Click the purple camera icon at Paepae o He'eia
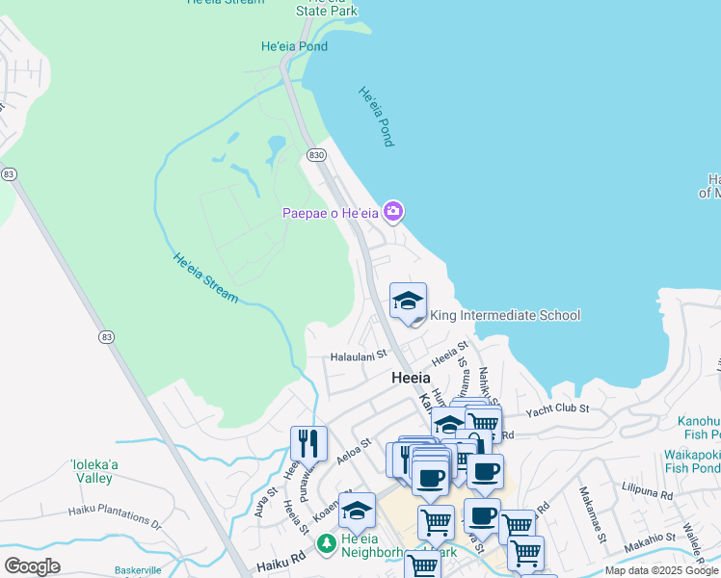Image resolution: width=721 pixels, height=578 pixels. click(393, 211)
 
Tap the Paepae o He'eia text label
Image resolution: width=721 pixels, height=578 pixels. click(330, 213)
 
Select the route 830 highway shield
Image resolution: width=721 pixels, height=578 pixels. click(315, 154)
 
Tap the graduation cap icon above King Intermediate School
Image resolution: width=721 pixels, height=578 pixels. click(408, 300)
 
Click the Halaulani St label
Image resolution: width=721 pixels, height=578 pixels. click(359, 355)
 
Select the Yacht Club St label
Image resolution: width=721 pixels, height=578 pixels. click(556, 411)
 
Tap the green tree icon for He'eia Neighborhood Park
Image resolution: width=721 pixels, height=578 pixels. click(327, 543)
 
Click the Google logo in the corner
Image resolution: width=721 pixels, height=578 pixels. click(32, 566)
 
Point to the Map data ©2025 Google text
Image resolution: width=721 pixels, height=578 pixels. click(661, 570)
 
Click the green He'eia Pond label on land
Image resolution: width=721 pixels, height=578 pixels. click(294, 46)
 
